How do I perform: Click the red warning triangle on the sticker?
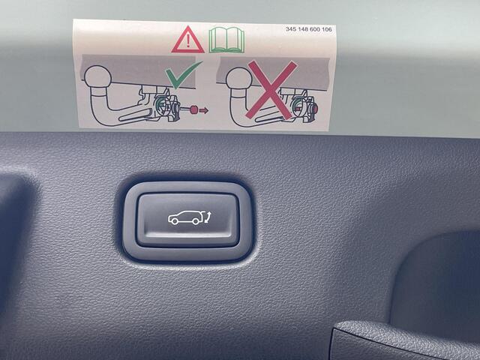coord(187,41)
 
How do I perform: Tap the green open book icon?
coord(226,40)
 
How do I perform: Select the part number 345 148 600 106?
coord(308,29)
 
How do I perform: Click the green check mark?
coord(183,74)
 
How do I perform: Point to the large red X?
coord(271,90)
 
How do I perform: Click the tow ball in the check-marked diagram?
coord(97,76)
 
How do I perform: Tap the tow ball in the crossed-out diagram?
coord(239,78)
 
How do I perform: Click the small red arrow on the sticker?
coord(204,110)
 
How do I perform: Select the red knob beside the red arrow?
coord(193,109)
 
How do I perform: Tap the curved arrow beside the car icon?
coord(208,218)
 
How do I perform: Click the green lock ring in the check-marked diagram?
coord(160,106)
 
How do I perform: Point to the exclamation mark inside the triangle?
coord(188,42)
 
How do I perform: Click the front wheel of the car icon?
coord(175,221)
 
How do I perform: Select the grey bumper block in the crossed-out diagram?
coord(273,73)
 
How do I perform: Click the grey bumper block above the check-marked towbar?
coord(138,71)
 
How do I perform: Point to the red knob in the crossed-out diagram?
coord(315,108)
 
